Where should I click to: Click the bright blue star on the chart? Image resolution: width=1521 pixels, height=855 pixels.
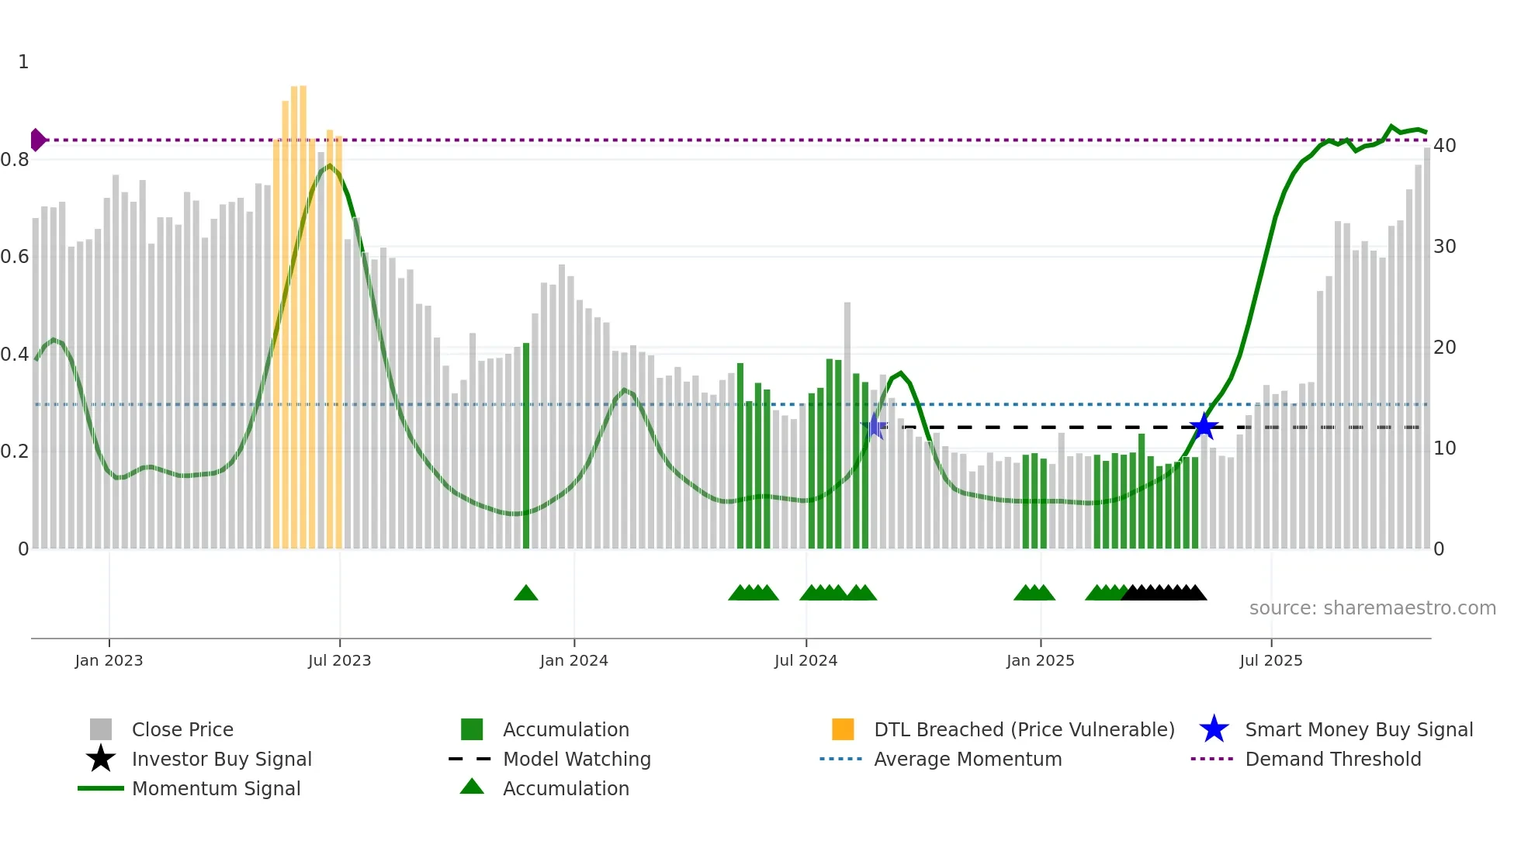[x=1204, y=427]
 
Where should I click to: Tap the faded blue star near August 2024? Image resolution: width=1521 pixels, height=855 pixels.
[x=875, y=426]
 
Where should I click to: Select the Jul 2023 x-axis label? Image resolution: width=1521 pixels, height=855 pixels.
[x=339, y=660]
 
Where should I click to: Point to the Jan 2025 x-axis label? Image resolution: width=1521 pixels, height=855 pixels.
[x=1040, y=660]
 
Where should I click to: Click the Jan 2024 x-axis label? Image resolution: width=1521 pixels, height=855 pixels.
[x=573, y=660]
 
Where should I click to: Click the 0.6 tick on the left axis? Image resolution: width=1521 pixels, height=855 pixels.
[x=15, y=257]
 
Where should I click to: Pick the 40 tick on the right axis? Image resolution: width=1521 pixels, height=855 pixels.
[x=1444, y=146]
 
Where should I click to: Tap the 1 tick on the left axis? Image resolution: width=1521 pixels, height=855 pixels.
[x=23, y=62]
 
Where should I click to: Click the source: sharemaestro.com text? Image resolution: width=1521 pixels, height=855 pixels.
[x=1372, y=608]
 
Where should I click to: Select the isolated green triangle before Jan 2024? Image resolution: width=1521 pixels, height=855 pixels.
[x=526, y=594]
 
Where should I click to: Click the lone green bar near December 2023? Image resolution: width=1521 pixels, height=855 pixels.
[x=526, y=446]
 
